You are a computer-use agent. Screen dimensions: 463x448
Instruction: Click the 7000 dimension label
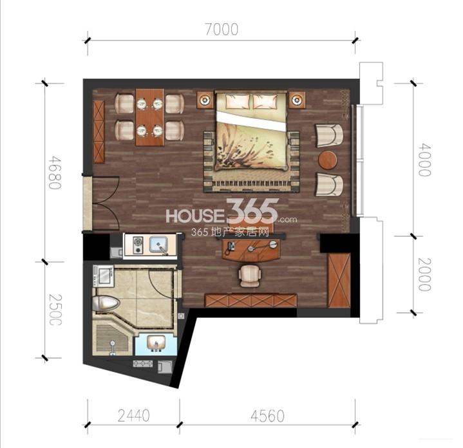click(x=222, y=30)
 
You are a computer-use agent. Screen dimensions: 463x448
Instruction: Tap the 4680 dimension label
click(x=55, y=173)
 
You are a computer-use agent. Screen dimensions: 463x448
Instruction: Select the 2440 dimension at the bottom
click(x=134, y=416)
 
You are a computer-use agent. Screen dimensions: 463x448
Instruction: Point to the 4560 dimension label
click(x=267, y=416)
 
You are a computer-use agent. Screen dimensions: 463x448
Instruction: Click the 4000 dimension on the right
click(x=425, y=160)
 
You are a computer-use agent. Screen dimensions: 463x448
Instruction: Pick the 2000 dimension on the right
click(x=425, y=274)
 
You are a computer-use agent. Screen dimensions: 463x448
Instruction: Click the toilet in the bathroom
click(x=106, y=303)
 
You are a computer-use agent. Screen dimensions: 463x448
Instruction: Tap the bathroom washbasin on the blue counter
click(x=156, y=344)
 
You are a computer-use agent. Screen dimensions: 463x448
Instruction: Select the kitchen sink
click(x=159, y=245)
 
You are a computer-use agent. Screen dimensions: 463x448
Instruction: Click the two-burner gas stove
click(x=137, y=245)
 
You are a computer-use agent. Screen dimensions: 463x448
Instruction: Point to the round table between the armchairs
click(x=328, y=160)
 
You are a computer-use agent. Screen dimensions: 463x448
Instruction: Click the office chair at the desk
click(x=250, y=275)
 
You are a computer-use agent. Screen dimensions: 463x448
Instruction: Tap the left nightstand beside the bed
click(x=205, y=100)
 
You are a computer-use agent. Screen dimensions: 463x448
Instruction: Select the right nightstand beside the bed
click(x=297, y=100)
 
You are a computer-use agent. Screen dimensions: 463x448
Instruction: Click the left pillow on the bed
click(x=238, y=101)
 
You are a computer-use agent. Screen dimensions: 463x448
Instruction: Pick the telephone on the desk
click(x=230, y=247)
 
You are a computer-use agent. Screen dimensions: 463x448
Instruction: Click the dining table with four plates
click(x=149, y=117)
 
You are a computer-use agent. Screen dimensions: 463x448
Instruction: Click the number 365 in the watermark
click(x=252, y=210)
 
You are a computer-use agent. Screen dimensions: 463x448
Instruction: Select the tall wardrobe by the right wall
click(x=339, y=281)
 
